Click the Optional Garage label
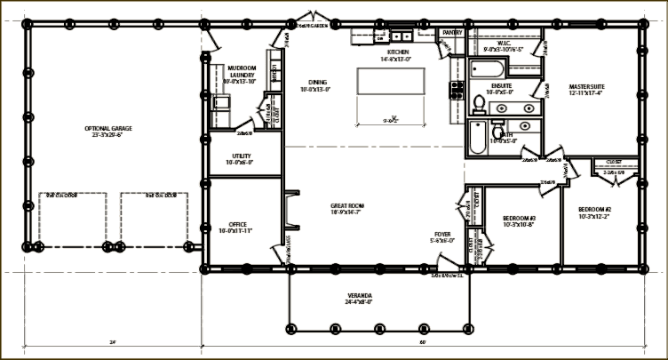[x=109, y=132]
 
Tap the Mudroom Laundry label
[x=241, y=73]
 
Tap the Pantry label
[x=452, y=34]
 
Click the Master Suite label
[x=586, y=89]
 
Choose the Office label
[x=238, y=227]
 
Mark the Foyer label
[x=442, y=237]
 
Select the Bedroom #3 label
[x=520, y=220]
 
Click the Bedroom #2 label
[x=594, y=212]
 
